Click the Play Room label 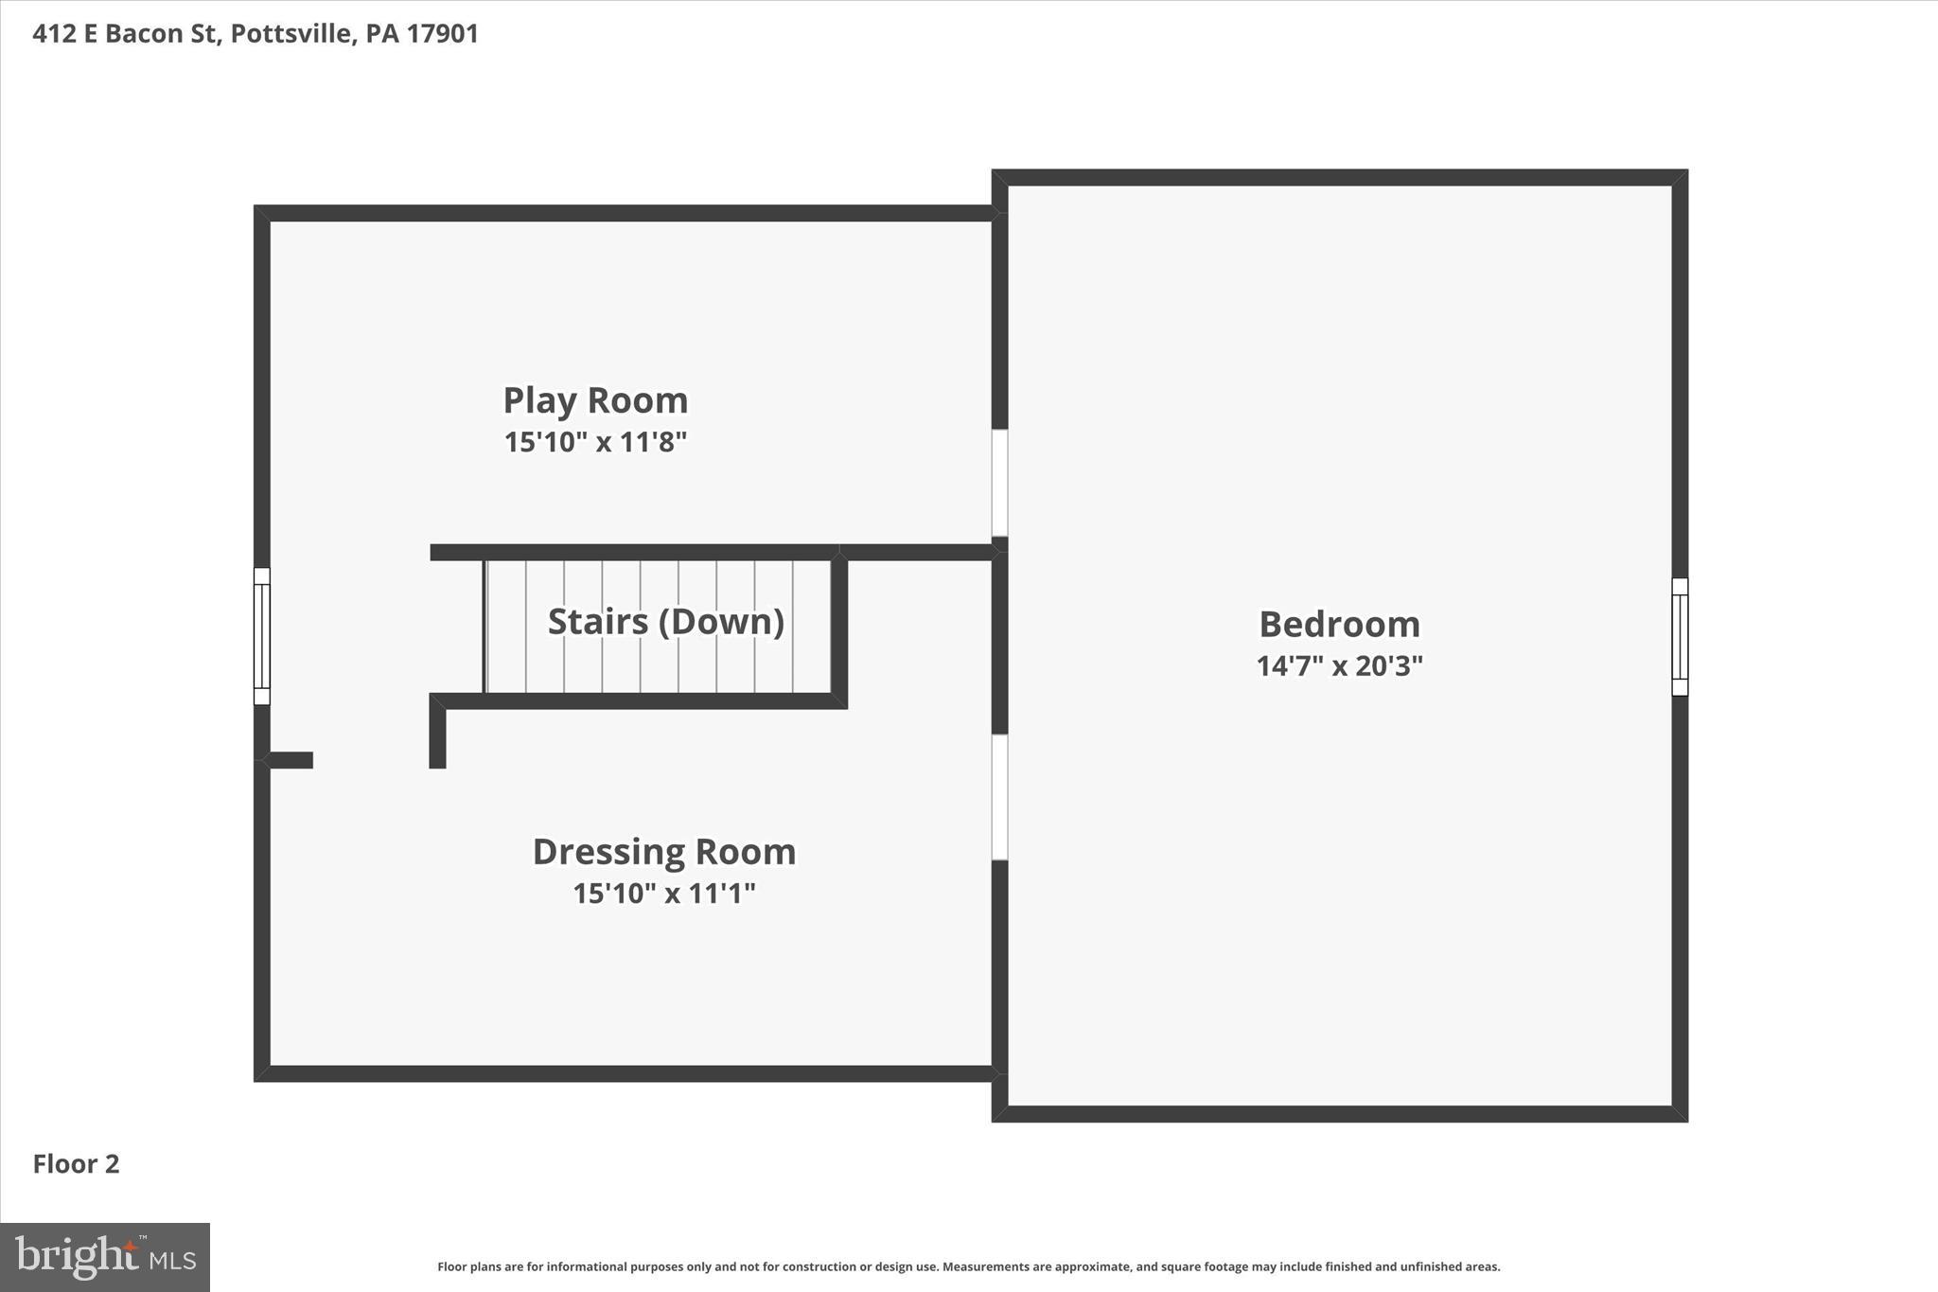click(x=595, y=400)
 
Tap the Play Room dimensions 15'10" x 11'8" click(x=595, y=442)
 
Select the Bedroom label click(x=1339, y=625)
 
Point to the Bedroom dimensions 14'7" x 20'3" click(x=1339, y=666)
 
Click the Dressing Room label click(x=663, y=852)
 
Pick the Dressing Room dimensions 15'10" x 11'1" click(x=663, y=894)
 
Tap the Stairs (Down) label click(x=666, y=622)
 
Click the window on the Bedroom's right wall click(x=1680, y=637)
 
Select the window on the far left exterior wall click(x=262, y=636)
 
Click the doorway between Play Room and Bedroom click(x=999, y=483)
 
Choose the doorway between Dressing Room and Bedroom click(x=999, y=797)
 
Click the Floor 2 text click(x=76, y=1164)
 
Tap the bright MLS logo click(x=105, y=1257)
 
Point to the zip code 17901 click(x=443, y=34)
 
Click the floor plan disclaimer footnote click(x=968, y=1266)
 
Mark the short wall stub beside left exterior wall click(x=290, y=760)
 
